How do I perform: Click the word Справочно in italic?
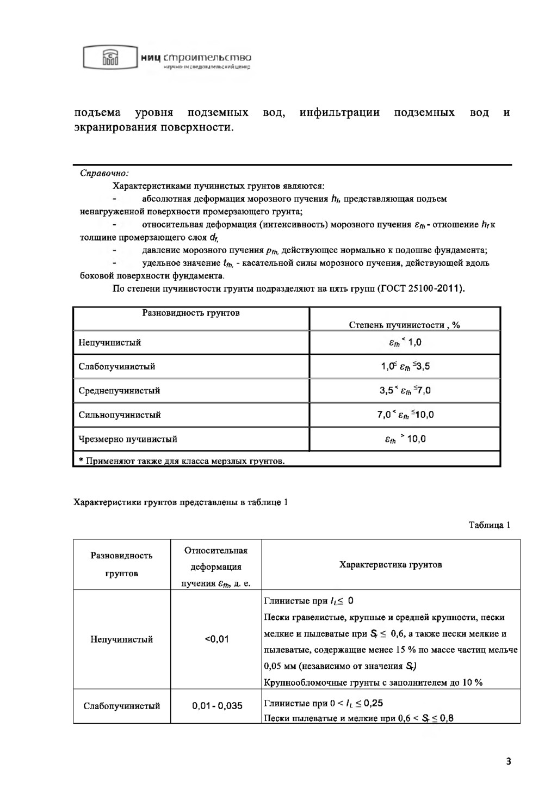pos(104,174)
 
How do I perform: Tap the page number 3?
pos(509,761)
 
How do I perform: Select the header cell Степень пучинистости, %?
pos(404,325)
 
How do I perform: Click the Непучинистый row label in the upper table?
pos(110,343)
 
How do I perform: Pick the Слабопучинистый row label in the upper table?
pos(117,367)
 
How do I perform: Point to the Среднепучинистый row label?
pos(119,391)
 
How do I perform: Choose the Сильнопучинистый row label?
pos(120,415)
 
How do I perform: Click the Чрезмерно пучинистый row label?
pos(128,439)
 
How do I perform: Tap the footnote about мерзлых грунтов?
pos(182,461)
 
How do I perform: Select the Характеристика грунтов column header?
pos(391,564)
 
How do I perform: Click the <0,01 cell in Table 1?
pos(216,639)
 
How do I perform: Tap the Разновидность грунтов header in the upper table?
pos(191,313)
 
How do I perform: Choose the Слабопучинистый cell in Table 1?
pos(122,706)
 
